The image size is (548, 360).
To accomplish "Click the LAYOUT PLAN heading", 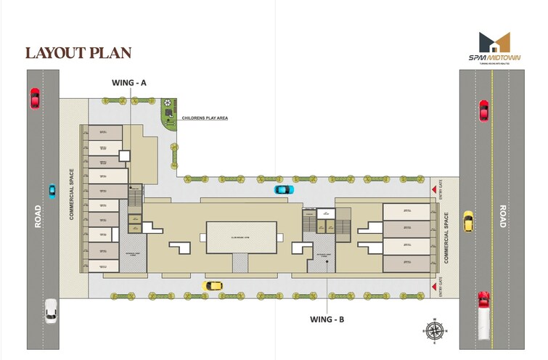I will [x=78, y=53].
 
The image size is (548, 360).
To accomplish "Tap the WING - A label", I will [x=129, y=83].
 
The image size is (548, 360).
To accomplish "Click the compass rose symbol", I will [x=434, y=330].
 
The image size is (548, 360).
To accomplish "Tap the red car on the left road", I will [x=35, y=98].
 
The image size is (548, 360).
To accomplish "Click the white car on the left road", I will [x=50, y=310].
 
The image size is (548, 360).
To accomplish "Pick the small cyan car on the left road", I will [x=52, y=192].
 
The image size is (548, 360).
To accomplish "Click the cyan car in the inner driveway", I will [x=284, y=189].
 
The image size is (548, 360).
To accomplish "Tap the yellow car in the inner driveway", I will [x=213, y=285].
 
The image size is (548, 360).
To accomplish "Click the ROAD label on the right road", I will [x=501, y=216].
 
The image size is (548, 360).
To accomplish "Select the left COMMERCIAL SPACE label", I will [x=73, y=195].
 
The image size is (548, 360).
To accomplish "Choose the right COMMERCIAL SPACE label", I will [x=447, y=237].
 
